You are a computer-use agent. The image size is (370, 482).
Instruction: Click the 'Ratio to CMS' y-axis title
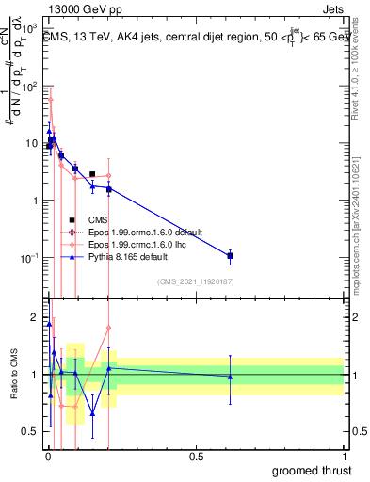click(x=16, y=374)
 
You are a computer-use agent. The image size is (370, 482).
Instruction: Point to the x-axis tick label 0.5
click(x=196, y=457)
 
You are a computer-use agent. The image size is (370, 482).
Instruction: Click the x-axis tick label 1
click(x=344, y=457)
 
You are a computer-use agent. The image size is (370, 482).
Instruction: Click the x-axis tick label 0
click(x=48, y=457)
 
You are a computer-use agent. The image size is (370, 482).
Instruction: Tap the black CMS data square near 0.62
click(x=231, y=255)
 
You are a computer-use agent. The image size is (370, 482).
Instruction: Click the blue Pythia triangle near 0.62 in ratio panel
click(x=231, y=377)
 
